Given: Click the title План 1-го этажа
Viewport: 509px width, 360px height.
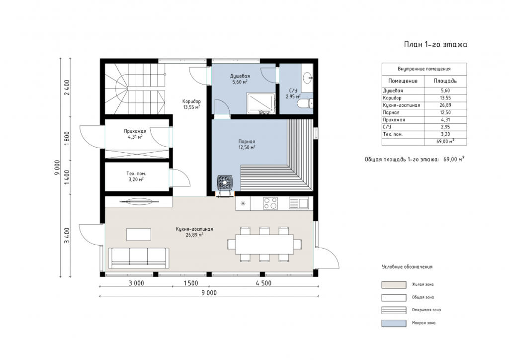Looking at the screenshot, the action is (x=435, y=44).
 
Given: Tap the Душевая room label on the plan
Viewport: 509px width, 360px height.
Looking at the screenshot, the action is (x=240, y=76).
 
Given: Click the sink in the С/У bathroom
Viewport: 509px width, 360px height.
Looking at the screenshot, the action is (x=308, y=78).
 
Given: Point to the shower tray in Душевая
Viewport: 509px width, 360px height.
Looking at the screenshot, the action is (x=261, y=103).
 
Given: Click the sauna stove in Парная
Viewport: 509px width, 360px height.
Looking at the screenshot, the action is (x=225, y=182).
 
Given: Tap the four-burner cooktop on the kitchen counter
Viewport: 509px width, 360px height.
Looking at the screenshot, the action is (x=270, y=203).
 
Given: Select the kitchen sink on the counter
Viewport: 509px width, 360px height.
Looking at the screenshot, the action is (x=299, y=203).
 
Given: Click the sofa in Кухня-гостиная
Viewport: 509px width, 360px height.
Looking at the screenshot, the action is (x=139, y=258).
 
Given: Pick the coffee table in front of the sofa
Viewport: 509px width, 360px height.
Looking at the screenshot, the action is (x=139, y=234).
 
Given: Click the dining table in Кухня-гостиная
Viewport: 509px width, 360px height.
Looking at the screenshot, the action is (x=264, y=244).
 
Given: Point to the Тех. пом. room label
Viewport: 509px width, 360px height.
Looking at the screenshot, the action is (x=136, y=174).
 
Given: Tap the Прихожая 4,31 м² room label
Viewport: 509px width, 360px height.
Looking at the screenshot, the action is (x=135, y=134).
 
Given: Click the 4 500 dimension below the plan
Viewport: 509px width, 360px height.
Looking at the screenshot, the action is (x=263, y=283).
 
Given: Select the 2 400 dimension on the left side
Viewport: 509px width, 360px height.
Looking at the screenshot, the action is (x=67, y=88).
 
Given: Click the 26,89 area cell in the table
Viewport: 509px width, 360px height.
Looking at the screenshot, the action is (x=445, y=105).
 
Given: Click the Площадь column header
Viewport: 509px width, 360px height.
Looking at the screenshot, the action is (x=445, y=81).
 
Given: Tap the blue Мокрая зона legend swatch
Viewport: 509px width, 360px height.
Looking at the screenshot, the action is (x=394, y=323).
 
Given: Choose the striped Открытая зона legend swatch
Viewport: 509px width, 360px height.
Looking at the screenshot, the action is (x=394, y=310).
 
